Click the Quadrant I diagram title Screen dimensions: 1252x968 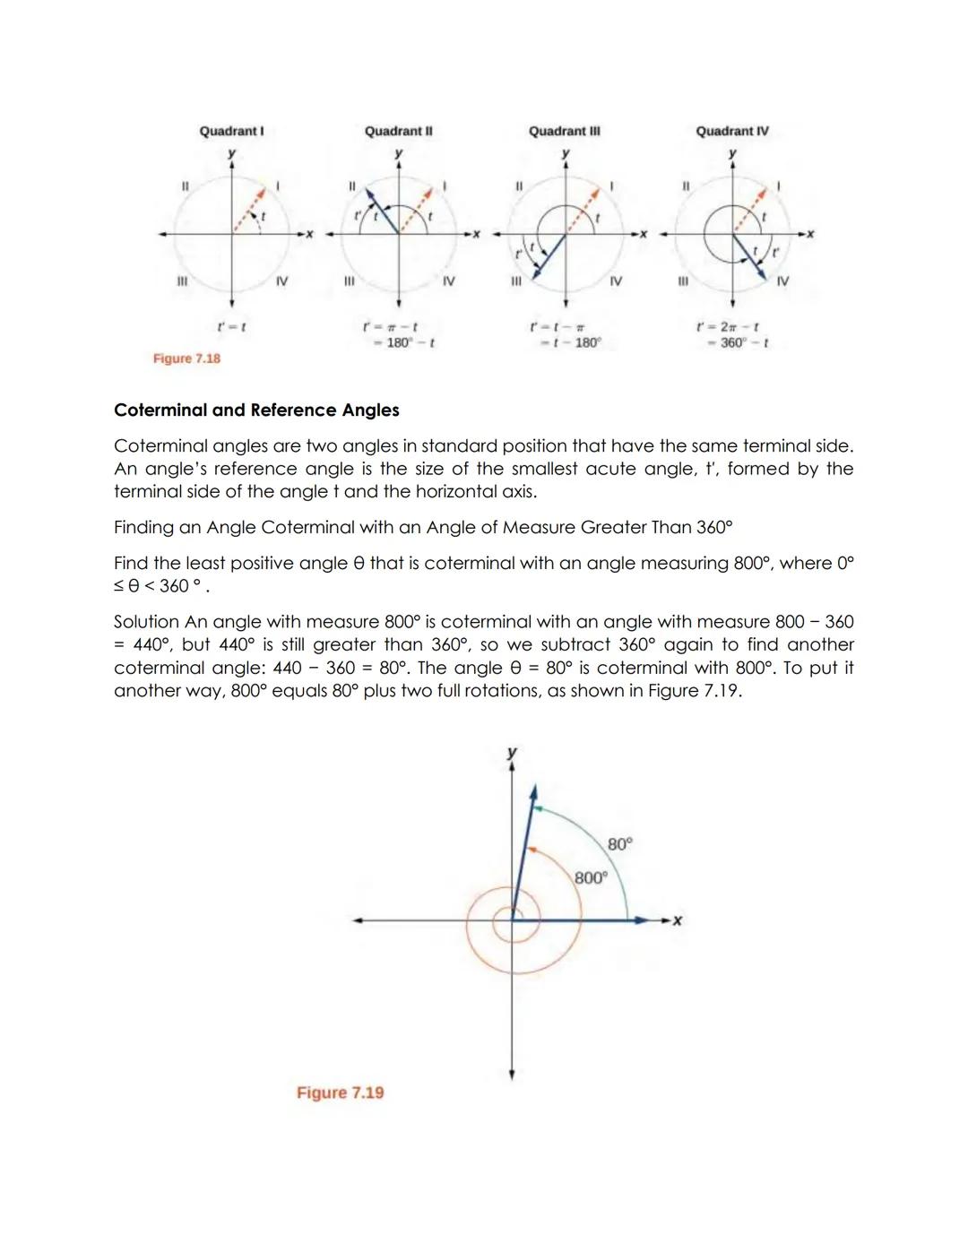pyautogui.click(x=231, y=131)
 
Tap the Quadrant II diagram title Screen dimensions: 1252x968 pyautogui.click(x=398, y=131)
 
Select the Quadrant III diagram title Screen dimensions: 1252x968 pyautogui.click(x=564, y=131)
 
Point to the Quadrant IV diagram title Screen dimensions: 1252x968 pyautogui.click(x=732, y=131)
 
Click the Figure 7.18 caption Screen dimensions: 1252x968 pyautogui.click(x=186, y=358)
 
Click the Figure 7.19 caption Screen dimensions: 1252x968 pyautogui.click(x=340, y=1092)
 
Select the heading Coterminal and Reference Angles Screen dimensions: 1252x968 pyautogui.click(x=256, y=410)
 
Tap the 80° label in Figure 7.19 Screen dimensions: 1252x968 pyautogui.click(x=619, y=844)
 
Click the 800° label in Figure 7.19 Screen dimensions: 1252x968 pyautogui.click(x=591, y=878)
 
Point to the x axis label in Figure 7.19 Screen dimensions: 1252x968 pyautogui.click(x=678, y=920)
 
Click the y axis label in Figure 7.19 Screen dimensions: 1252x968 pyautogui.click(x=512, y=752)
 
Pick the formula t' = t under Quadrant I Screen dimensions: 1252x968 pyautogui.click(x=232, y=327)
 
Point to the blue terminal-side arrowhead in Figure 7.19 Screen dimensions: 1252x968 pyautogui.click(x=533, y=792)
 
